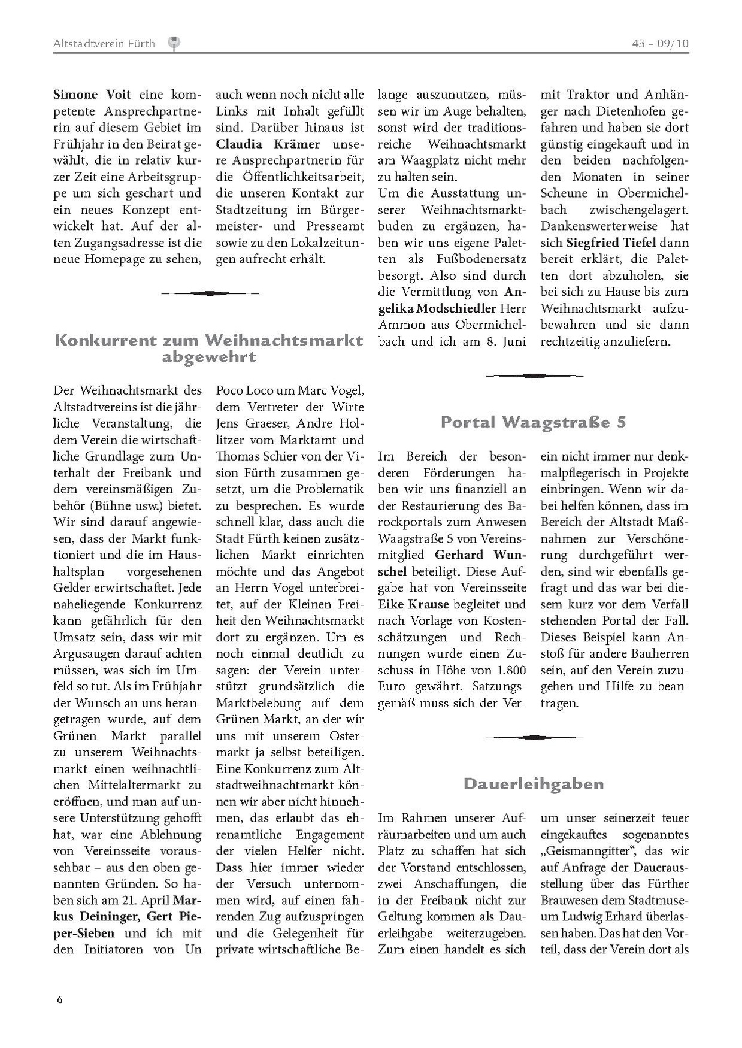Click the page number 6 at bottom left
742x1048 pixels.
pyautogui.click(x=59, y=999)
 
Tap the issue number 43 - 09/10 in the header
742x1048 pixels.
pyautogui.click(x=660, y=43)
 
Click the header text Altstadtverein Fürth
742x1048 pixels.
pyautogui.click(x=104, y=43)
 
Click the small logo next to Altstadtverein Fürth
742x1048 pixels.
pyautogui.click(x=174, y=43)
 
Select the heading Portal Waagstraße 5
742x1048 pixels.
pyautogui.click(x=533, y=422)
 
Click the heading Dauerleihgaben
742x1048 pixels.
pyautogui.click(x=533, y=784)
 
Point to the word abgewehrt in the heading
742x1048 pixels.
pyautogui.click(x=208, y=358)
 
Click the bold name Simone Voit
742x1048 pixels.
pyautogui.click(x=92, y=95)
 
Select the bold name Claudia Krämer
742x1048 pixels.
pyautogui.click(x=268, y=144)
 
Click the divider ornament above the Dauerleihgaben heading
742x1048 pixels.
pyautogui.click(x=534, y=737)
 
